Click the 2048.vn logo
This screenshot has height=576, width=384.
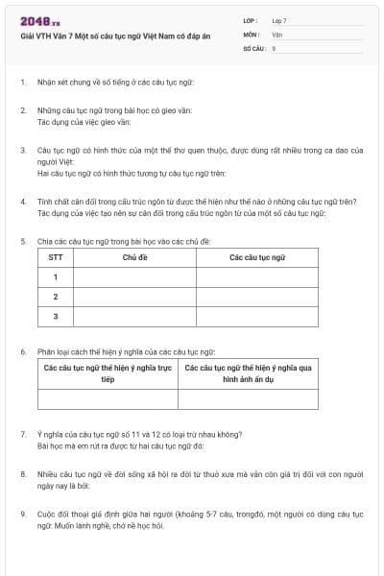point(39,21)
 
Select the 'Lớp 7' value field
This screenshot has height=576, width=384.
point(279,20)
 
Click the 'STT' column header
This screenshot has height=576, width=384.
point(56,258)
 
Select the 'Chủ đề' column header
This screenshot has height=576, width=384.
point(134,258)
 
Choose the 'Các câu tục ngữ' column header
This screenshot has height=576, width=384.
point(257,258)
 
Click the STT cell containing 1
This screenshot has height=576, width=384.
point(56,277)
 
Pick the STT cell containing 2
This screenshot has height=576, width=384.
point(56,297)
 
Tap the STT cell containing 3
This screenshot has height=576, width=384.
point(56,316)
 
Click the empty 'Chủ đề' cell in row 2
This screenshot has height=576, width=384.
point(134,297)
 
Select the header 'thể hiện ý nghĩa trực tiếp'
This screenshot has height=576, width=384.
point(108,373)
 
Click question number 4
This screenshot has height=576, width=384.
point(23,202)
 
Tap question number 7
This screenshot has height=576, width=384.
point(23,434)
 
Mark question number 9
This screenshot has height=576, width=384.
point(23,514)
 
